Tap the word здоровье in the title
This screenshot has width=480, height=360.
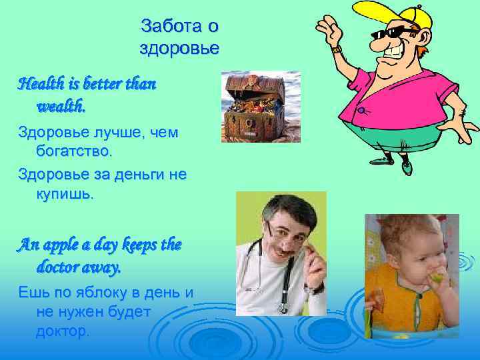(179, 49)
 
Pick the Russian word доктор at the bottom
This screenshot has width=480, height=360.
(62, 331)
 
